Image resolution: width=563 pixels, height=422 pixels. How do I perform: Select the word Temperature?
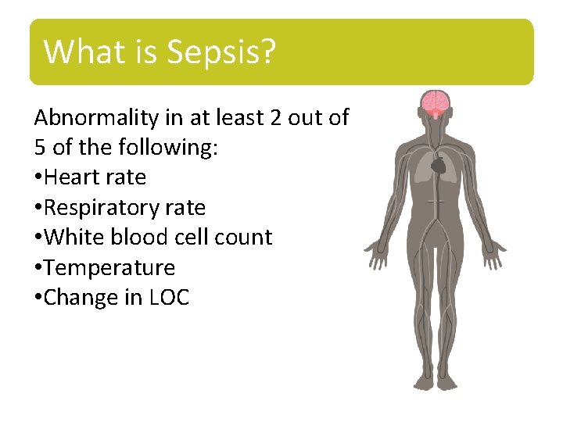(x=109, y=268)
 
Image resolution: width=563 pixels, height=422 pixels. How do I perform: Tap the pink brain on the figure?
(x=435, y=102)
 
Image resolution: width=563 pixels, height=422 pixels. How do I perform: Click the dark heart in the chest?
(x=438, y=165)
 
